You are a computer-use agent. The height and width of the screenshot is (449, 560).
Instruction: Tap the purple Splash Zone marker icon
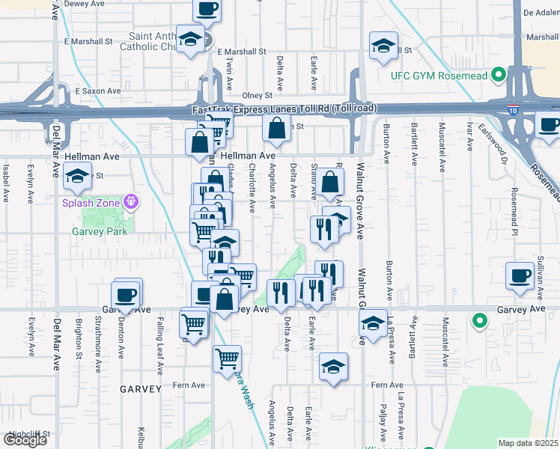pos(131,201)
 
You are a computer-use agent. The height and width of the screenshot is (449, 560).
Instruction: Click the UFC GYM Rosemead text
pos(439,76)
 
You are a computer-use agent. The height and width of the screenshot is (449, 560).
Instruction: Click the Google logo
pos(24,440)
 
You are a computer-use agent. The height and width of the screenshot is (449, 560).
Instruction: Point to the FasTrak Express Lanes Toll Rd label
pos(283,110)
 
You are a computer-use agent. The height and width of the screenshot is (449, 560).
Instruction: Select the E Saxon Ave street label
pos(93,91)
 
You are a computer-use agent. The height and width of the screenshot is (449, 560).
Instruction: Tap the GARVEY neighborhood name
pos(139,389)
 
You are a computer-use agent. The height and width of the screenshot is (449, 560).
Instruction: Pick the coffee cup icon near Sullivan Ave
pos(520,276)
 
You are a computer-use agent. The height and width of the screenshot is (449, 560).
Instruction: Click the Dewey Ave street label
pos(85,4)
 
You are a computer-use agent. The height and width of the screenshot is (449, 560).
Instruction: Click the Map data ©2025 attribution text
pos(529,443)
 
